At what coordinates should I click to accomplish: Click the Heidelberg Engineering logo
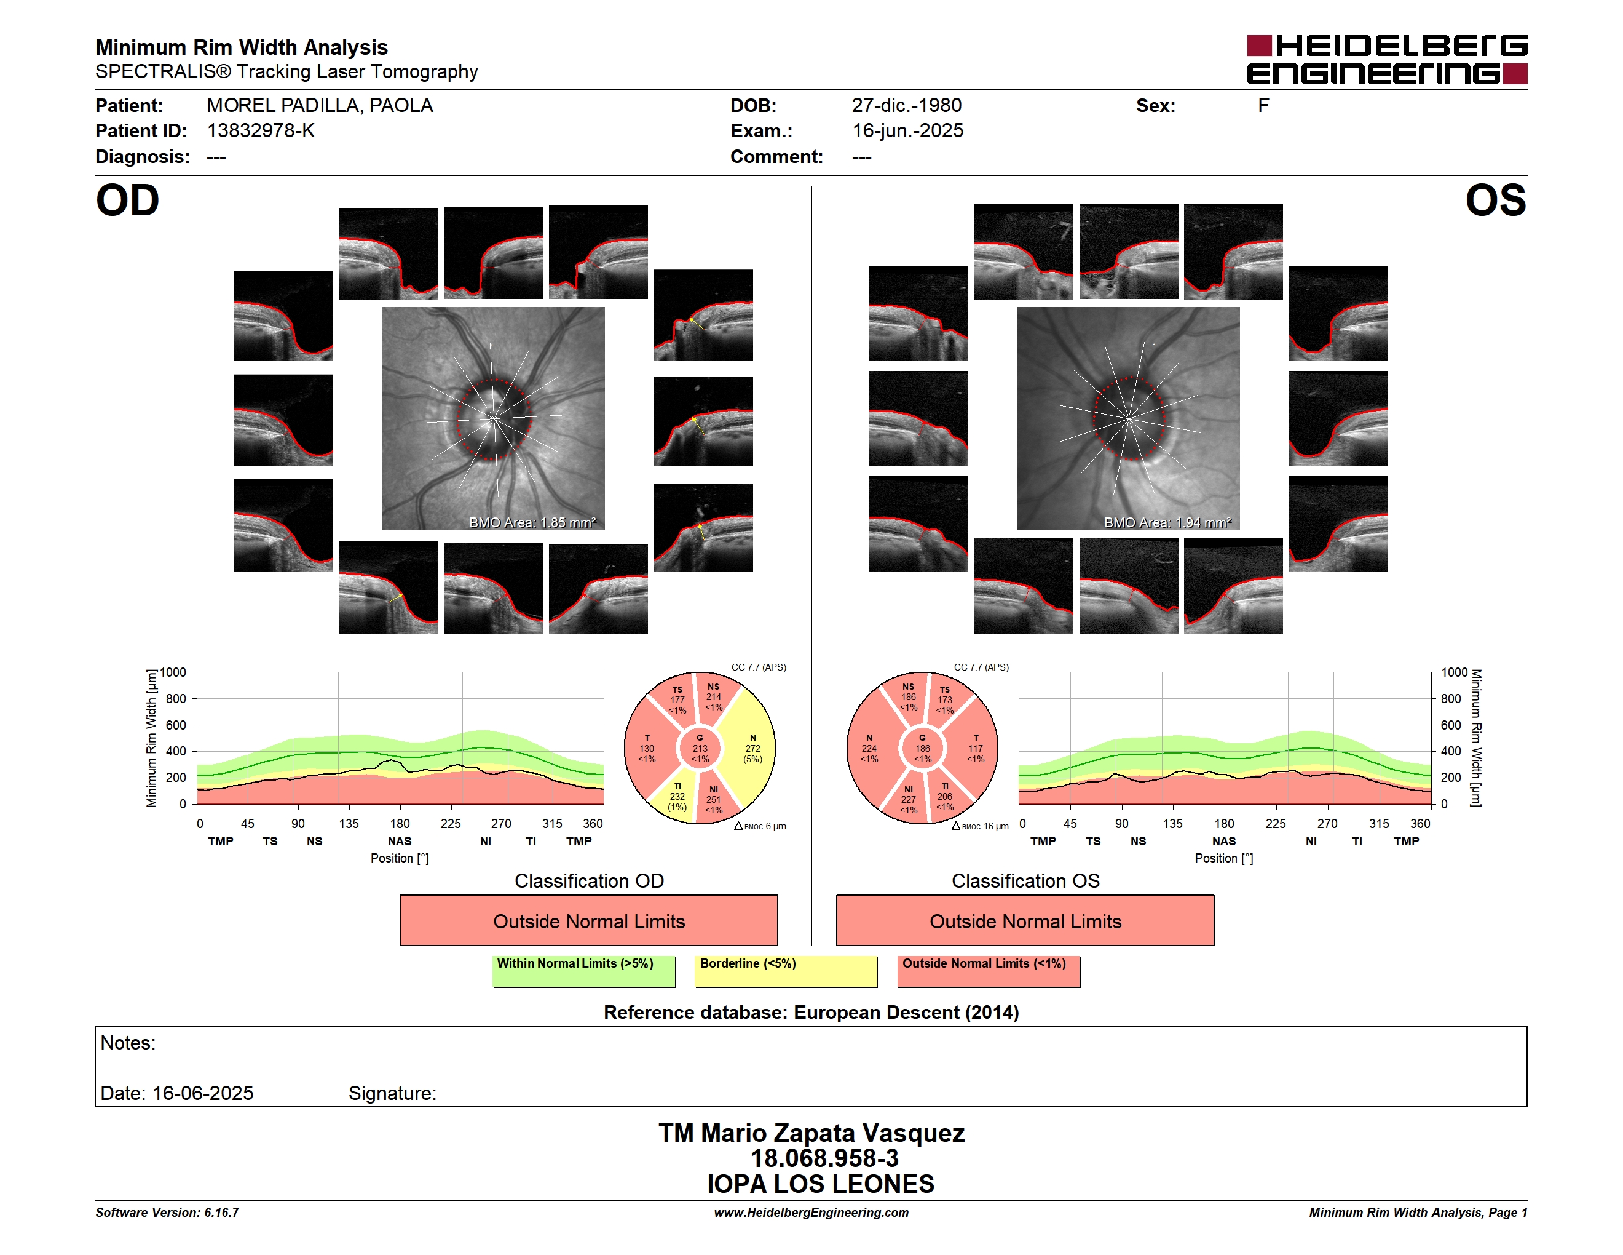click(x=1387, y=60)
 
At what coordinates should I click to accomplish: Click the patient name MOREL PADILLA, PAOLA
click(x=320, y=106)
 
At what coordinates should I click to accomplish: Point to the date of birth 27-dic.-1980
click(x=907, y=106)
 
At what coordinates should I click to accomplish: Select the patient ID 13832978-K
click(x=261, y=131)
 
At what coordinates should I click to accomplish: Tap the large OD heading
click(x=128, y=201)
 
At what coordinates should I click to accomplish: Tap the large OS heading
click(x=1496, y=201)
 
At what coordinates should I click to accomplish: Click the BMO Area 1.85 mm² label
click(x=532, y=523)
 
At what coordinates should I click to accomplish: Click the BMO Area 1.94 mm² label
click(x=1167, y=523)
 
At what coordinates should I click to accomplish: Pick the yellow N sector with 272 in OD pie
click(x=751, y=747)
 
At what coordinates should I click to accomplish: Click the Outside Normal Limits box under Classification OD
click(x=588, y=920)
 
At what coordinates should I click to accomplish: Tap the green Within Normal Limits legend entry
click(x=583, y=971)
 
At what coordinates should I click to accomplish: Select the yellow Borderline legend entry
click(x=786, y=971)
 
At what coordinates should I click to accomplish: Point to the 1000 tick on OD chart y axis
click(x=173, y=672)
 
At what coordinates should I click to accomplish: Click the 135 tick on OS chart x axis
click(x=1172, y=824)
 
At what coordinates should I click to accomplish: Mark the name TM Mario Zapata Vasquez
click(x=811, y=1133)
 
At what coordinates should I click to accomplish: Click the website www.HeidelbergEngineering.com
click(x=811, y=1213)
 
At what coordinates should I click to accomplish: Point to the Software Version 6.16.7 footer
click(x=167, y=1213)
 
